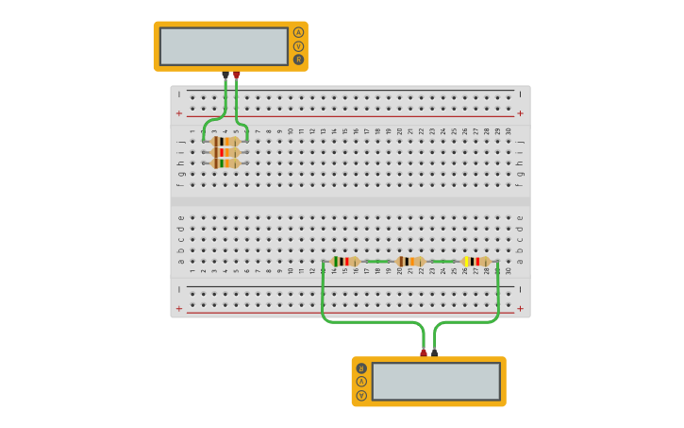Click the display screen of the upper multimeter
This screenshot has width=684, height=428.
point(224,46)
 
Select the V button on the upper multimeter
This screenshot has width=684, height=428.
point(298,46)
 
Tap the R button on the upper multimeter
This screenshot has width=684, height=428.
point(298,60)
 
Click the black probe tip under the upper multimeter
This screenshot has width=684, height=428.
point(225,74)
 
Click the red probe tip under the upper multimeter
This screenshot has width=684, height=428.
point(237,74)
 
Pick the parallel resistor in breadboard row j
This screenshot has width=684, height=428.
point(225,141)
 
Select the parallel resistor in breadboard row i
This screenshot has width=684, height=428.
point(225,152)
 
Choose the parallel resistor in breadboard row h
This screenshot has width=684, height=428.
point(225,163)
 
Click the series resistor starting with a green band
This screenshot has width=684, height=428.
point(345,262)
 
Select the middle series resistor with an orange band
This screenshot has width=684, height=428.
point(410,262)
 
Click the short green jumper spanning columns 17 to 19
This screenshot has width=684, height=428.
point(377,262)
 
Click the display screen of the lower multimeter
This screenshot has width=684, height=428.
point(436,382)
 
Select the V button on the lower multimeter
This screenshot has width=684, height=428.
point(361,395)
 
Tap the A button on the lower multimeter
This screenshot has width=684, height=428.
point(361,382)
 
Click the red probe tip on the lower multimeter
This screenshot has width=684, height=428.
point(424,353)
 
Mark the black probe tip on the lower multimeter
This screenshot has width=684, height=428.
point(435,353)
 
